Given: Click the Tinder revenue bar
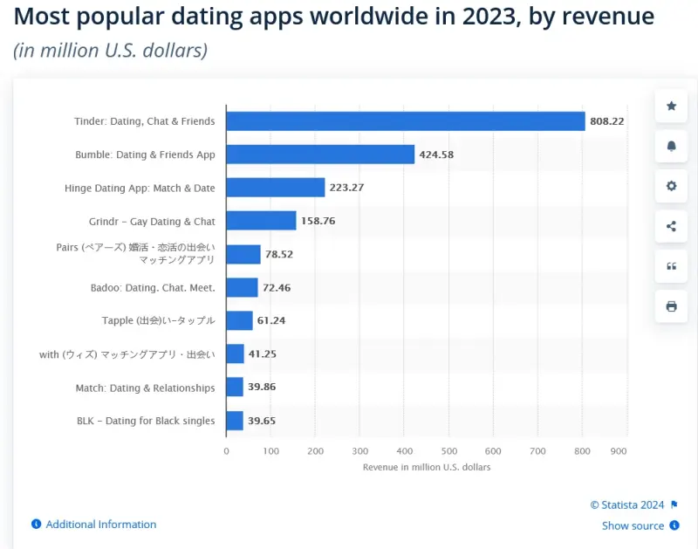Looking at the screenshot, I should (x=405, y=121).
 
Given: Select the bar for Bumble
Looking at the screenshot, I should (x=319, y=154).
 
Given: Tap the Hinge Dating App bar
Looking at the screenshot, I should (x=275, y=188).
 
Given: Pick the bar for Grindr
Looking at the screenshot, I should (x=261, y=221).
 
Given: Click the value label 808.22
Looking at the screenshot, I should (x=607, y=121).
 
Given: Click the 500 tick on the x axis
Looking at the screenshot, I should (x=449, y=451).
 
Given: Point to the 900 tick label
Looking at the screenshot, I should (x=619, y=451).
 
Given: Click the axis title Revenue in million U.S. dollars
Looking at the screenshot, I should (x=427, y=468).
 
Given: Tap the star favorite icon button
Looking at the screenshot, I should (x=671, y=106).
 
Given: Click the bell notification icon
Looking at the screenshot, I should (x=671, y=146).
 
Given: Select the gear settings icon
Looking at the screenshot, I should (x=671, y=186).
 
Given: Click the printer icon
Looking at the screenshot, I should (x=671, y=306).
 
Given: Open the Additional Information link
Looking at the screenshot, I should (x=100, y=525).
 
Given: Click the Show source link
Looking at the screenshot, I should (x=633, y=525).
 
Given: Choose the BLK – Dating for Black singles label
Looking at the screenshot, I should (x=146, y=421).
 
